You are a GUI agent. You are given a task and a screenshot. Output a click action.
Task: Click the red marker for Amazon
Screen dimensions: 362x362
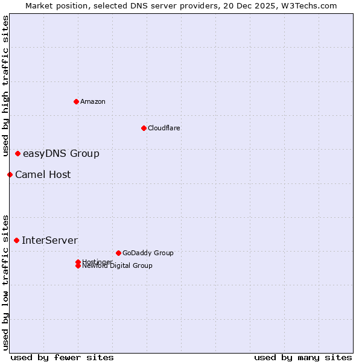pyautogui.click(x=76, y=101)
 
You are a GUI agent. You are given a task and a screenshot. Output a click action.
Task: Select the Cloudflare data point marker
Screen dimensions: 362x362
pyautogui.click(x=144, y=128)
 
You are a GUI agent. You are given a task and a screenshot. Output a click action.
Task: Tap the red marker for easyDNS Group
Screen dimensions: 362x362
pyautogui.click(x=18, y=154)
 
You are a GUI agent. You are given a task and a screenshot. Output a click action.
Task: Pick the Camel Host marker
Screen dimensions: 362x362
pyautogui.click(x=10, y=175)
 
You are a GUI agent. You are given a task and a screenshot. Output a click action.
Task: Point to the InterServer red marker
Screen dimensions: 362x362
pyautogui.click(x=17, y=241)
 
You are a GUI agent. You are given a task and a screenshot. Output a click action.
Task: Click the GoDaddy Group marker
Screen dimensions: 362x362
pyautogui.click(x=118, y=253)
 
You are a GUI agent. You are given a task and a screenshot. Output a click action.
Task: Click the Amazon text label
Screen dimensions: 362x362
pyautogui.click(x=93, y=101)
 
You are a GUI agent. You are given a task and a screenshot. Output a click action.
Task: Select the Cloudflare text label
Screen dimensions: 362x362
pyautogui.click(x=164, y=128)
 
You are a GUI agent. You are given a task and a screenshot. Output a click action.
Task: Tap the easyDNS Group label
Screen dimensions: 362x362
pyautogui.click(x=61, y=154)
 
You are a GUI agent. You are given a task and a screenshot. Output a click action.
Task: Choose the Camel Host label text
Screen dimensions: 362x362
pyautogui.click(x=43, y=175)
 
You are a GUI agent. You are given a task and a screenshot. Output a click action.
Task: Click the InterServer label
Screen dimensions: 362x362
pyautogui.click(x=49, y=241)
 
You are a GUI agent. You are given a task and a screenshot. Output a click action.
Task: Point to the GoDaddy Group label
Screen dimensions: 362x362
pyautogui.click(x=148, y=253)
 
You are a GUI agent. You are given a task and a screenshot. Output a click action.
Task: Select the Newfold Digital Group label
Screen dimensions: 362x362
pyautogui.click(x=118, y=266)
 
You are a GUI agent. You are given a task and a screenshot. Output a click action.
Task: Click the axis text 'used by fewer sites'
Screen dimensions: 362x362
pyautogui.click(x=62, y=358)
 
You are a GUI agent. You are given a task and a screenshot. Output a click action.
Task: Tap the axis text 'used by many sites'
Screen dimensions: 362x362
pyautogui.click(x=303, y=358)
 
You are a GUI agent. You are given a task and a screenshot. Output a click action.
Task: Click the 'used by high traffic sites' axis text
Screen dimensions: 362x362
pyautogui.click(x=6, y=86)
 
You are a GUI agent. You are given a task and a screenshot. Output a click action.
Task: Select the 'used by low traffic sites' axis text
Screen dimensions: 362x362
pyautogui.click(x=6, y=282)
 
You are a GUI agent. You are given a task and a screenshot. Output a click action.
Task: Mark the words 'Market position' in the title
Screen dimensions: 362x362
pyautogui.click(x=53, y=5)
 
